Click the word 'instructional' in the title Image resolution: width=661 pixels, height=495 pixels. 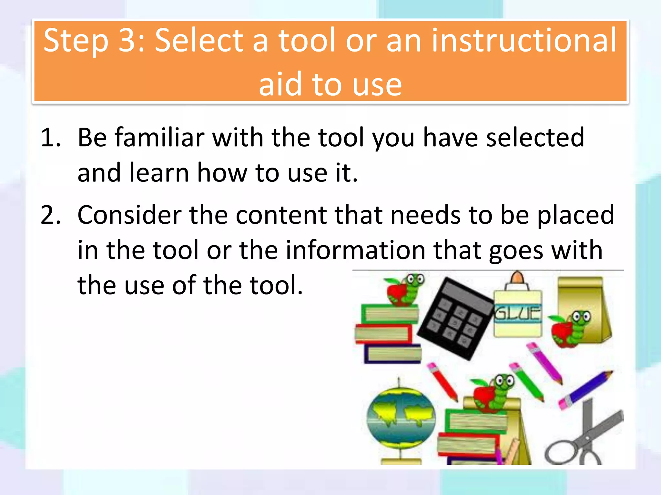(524, 41)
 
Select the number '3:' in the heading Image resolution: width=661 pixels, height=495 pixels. (132, 41)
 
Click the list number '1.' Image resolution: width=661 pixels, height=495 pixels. (51, 138)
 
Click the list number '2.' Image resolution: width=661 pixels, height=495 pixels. (51, 215)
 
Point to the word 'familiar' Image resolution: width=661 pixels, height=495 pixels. (159, 138)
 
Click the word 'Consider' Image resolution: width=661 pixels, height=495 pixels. (129, 215)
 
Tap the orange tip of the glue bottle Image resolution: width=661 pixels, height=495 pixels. (517, 277)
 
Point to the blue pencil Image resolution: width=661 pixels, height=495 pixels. (586, 390)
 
